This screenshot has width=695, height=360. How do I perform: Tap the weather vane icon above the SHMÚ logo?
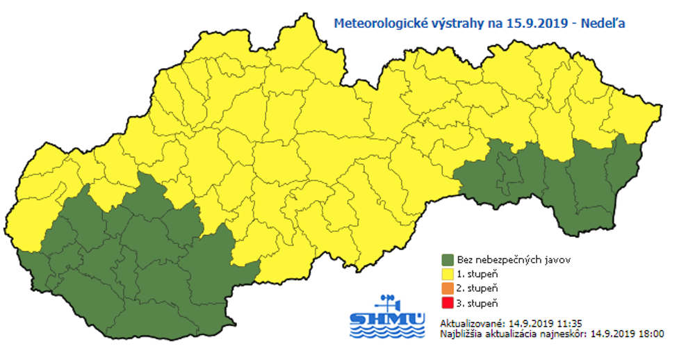[x=386, y=302]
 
